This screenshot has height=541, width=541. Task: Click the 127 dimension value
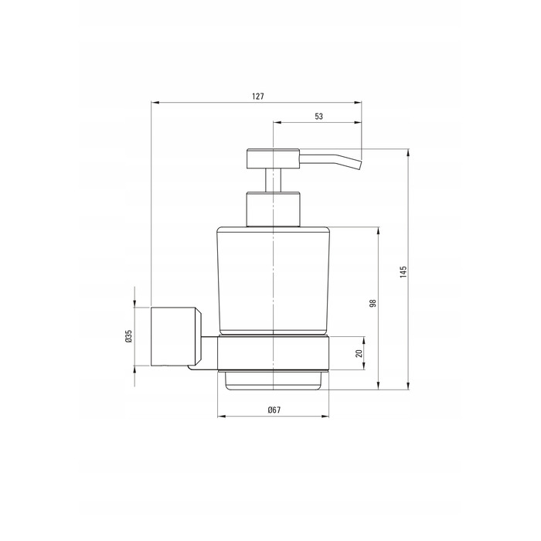point(257,97)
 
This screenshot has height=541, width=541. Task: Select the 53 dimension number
point(318,116)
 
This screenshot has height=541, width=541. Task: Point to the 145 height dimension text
point(403,272)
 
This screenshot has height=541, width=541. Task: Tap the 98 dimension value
point(373,303)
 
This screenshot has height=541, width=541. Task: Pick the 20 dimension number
point(359,353)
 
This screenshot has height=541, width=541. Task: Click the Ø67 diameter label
point(274,410)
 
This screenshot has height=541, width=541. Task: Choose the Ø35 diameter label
point(128,336)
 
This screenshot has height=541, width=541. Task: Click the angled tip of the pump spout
point(360,165)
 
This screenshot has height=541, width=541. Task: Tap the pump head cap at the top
point(273,158)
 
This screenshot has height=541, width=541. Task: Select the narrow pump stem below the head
point(273,180)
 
